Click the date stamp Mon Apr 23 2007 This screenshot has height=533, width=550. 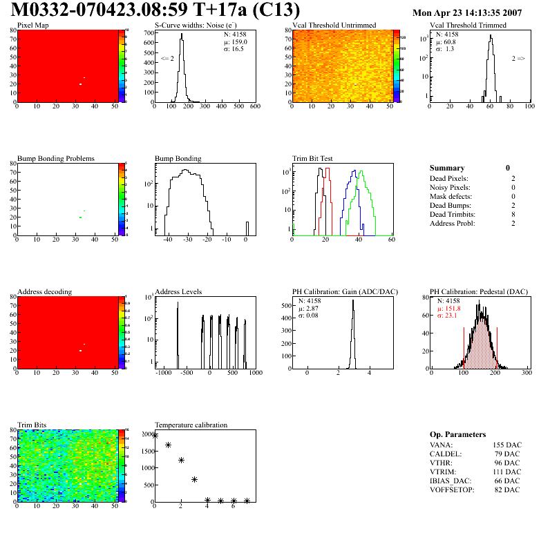(466, 13)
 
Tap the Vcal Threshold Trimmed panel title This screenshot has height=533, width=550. (468, 26)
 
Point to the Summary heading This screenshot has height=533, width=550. (447, 168)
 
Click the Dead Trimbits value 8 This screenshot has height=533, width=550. (508, 214)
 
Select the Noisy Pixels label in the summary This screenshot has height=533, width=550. (450, 187)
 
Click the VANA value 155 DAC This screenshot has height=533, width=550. (509, 445)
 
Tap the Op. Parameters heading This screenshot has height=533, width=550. (457, 434)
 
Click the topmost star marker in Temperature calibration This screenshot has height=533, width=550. (155, 436)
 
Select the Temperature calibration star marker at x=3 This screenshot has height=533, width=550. (195, 479)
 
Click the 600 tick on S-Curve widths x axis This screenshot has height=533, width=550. (255, 107)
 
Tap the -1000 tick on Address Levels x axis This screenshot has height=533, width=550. (163, 373)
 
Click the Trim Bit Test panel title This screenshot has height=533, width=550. (313, 159)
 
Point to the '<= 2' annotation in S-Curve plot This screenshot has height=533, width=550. (167, 59)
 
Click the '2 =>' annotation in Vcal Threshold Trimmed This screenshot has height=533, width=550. (518, 59)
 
